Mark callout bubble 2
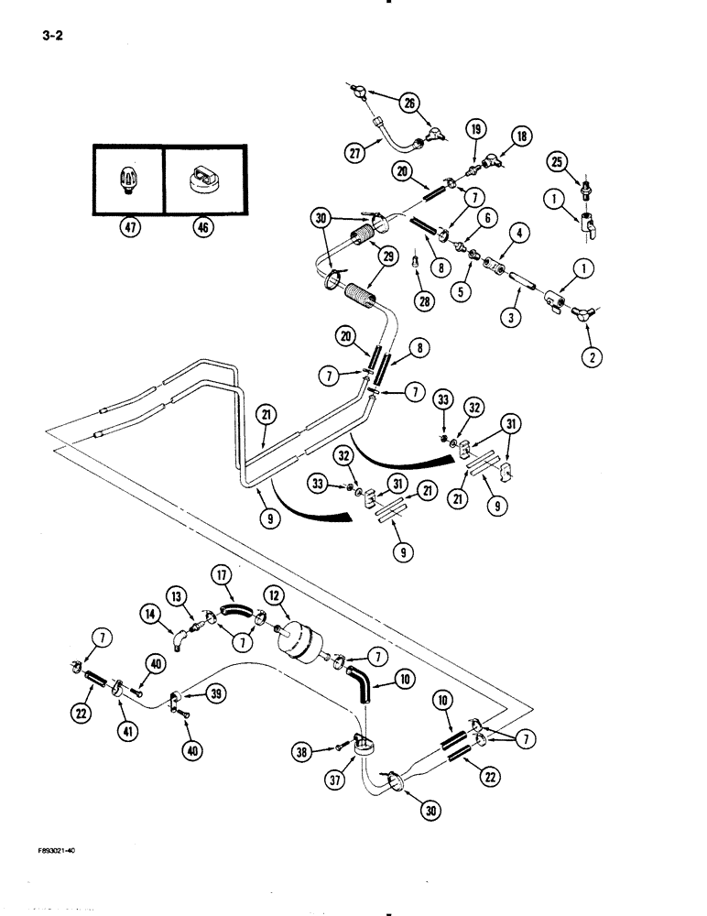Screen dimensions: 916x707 (591, 357)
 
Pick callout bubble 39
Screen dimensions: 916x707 (215, 694)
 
